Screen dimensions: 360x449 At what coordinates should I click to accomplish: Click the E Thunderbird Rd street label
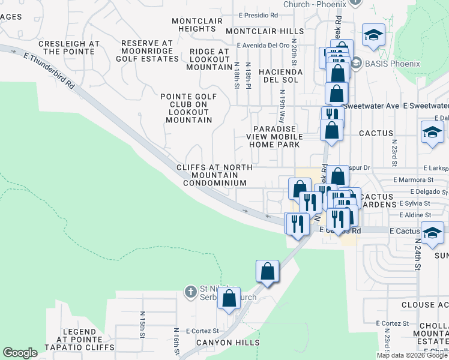tap(49, 71)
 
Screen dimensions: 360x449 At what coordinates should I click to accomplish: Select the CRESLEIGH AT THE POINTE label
tap(69, 48)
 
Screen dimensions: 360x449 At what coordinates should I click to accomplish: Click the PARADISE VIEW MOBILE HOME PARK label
tap(274, 136)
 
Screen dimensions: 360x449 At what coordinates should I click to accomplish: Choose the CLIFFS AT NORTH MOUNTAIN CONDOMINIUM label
tap(211, 175)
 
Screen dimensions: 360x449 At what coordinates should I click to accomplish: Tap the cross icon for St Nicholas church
tap(190, 292)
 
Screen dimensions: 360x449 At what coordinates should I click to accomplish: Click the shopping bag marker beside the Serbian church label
tap(229, 299)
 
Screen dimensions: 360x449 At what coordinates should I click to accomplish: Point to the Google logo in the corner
tap(20, 353)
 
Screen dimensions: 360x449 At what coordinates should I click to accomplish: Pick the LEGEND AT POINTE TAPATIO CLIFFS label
tap(79, 340)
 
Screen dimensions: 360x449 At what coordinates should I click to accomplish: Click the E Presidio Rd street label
tap(259, 15)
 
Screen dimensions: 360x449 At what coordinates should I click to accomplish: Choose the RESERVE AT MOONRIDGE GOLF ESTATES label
tap(147, 51)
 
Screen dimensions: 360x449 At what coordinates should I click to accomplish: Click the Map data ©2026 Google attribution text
tap(412, 355)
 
